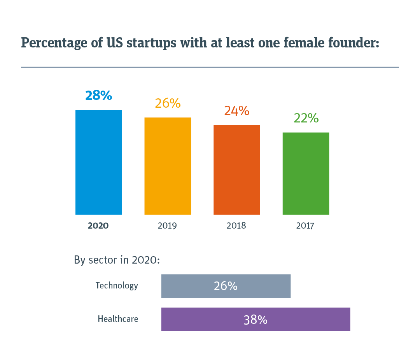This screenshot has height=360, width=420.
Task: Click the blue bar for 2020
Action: point(98,162)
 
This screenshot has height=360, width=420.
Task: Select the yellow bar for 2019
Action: point(168,166)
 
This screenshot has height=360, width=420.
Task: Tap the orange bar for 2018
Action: point(236,170)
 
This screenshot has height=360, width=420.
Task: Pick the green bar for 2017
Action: point(306,173)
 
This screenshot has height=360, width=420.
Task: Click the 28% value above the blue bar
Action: point(98,95)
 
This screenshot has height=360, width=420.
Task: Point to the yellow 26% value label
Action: point(168,103)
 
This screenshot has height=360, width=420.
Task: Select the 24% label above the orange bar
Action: point(236,111)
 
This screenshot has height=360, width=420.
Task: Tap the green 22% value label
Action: point(306,118)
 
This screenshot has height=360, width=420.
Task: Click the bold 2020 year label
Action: point(98,225)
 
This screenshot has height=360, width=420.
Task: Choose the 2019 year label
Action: point(167,225)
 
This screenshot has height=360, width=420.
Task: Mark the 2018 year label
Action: point(236,225)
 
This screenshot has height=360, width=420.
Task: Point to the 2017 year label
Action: point(305,225)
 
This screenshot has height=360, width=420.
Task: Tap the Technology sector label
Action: point(117,286)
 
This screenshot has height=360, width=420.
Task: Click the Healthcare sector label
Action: point(118,319)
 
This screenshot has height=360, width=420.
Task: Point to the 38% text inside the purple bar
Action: point(255,320)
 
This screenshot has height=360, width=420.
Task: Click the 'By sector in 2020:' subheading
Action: point(117,260)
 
